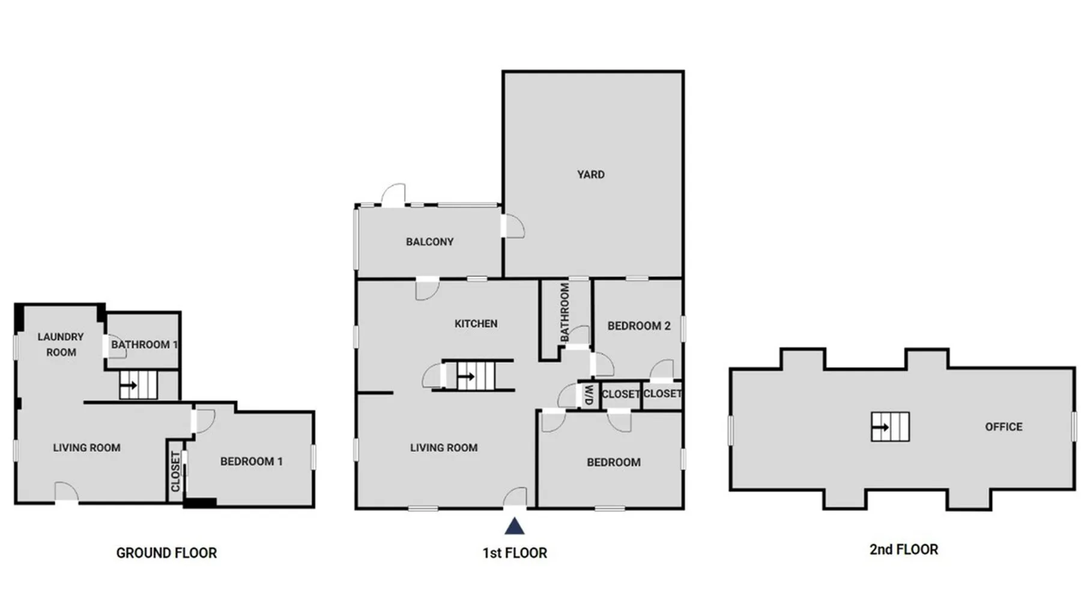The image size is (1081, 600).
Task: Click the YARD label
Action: pyautogui.click(x=590, y=175)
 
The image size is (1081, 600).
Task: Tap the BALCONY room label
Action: pyautogui.click(x=429, y=242)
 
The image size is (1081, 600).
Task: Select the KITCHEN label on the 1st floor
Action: pyautogui.click(x=476, y=324)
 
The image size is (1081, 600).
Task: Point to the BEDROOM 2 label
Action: pyautogui.click(x=638, y=326)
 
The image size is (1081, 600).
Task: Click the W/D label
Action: pyautogui.click(x=589, y=395)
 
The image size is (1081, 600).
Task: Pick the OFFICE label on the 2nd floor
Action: pyautogui.click(x=1004, y=427)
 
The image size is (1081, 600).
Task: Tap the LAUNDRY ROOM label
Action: pyautogui.click(x=61, y=344)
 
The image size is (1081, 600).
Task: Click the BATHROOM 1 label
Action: pyautogui.click(x=144, y=344)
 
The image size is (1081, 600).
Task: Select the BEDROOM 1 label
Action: pyautogui.click(x=251, y=461)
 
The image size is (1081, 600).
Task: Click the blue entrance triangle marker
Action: pyautogui.click(x=514, y=526)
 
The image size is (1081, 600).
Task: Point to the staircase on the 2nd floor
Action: pyautogui.click(x=890, y=427)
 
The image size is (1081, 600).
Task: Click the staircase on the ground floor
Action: pyautogui.click(x=138, y=385)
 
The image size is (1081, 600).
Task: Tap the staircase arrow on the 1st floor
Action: pyautogui.click(x=466, y=377)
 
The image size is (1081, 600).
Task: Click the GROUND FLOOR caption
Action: pyautogui.click(x=166, y=553)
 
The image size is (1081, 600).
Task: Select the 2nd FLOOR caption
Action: pyautogui.click(x=903, y=550)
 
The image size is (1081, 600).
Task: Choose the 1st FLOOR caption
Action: pyautogui.click(x=515, y=553)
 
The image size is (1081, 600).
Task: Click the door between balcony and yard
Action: pyautogui.click(x=512, y=226)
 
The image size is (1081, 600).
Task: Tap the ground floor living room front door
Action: pyautogui.click(x=67, y=493)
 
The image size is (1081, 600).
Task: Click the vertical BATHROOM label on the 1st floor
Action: pyautogui.click(x=565, y=313)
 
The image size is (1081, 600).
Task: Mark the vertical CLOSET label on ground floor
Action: pyautogui.click(x=175, y=472)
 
